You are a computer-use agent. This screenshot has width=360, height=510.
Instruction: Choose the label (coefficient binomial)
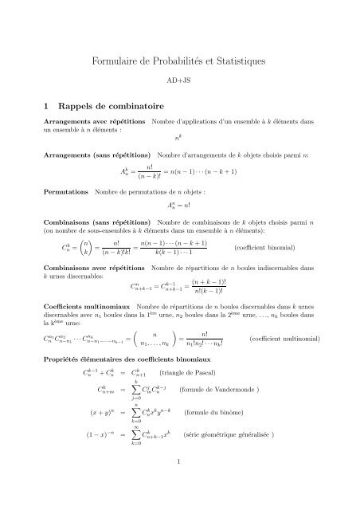point(269,247)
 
